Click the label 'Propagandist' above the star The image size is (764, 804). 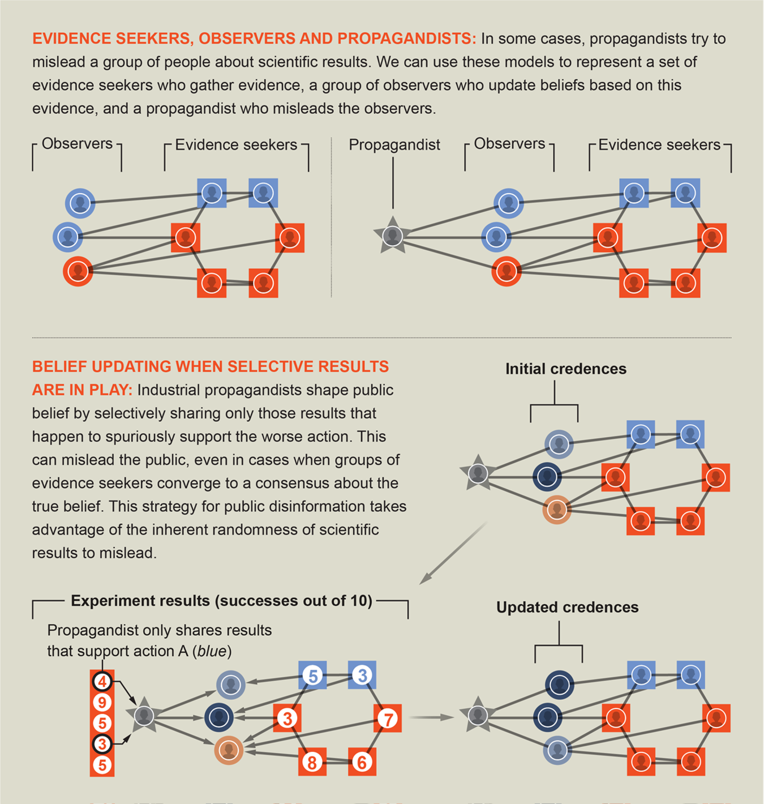click(x=394, y=145)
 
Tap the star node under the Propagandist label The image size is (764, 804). click(x=392, y=235)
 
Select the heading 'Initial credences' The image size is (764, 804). click(x=565, y=369)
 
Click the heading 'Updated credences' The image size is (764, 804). click(x=567, y=608)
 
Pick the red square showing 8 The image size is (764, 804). click(x=312, y=762)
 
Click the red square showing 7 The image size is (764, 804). click(x=388, y=719)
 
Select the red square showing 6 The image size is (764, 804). click(x=362, y=762)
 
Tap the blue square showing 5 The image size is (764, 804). click(x=312, y=675)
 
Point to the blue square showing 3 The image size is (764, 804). click(x=362, y=675)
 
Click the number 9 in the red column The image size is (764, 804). click(x=102, y=703)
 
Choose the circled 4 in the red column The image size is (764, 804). click(x=102, y=682)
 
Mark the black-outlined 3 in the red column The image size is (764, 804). click(x=102, y=743)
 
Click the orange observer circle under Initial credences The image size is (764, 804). click(x=557, y=510)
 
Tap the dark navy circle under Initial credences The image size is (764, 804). click(x=547, y=477)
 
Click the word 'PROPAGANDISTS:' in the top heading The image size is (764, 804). click(x=407, y=39)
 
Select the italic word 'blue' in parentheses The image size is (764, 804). click(x=212, y=651)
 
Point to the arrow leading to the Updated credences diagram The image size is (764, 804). click(x=431, y=717)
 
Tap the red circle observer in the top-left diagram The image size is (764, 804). click(x=78, y=271)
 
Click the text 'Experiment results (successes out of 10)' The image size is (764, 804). click(x=221, y=601)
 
